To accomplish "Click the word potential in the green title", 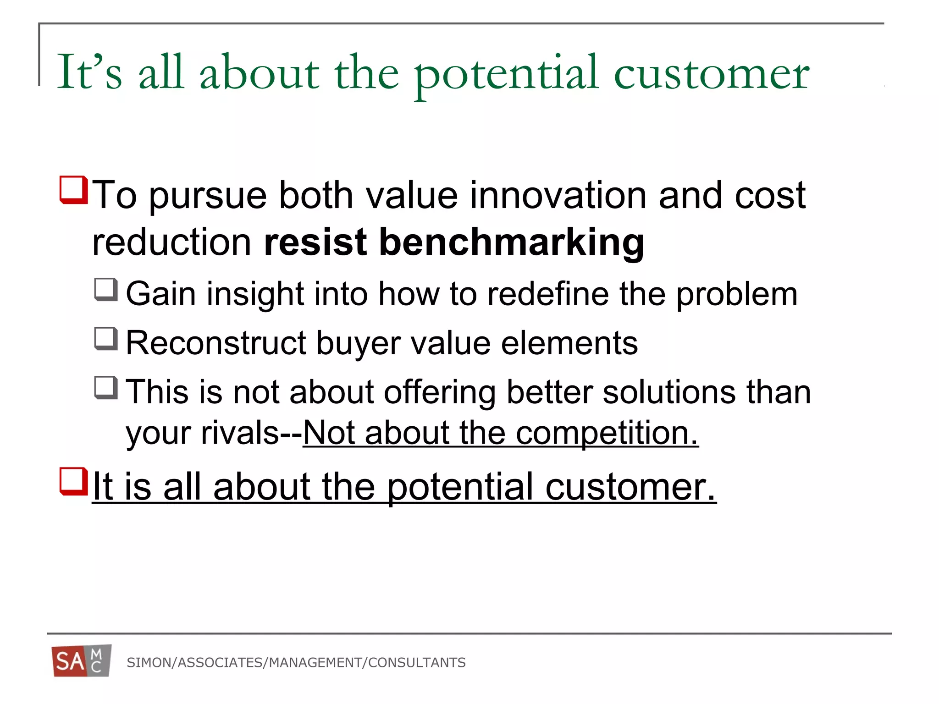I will (506, 73).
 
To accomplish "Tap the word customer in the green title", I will (712, 73).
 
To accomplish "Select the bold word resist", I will (315, 242).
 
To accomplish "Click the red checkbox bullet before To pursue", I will (73, 190).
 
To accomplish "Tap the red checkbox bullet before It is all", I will (73, 481).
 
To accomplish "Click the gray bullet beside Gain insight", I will (106, 290).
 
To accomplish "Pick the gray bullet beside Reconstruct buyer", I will (106, 339).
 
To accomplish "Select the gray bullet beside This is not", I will (106, 388).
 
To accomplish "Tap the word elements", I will (569, 343).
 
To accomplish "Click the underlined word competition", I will (607, 433).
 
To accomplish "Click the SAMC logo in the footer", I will (81, 661).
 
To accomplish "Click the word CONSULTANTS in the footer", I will (417, 663).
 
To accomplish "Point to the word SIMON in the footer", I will (149, 663).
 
